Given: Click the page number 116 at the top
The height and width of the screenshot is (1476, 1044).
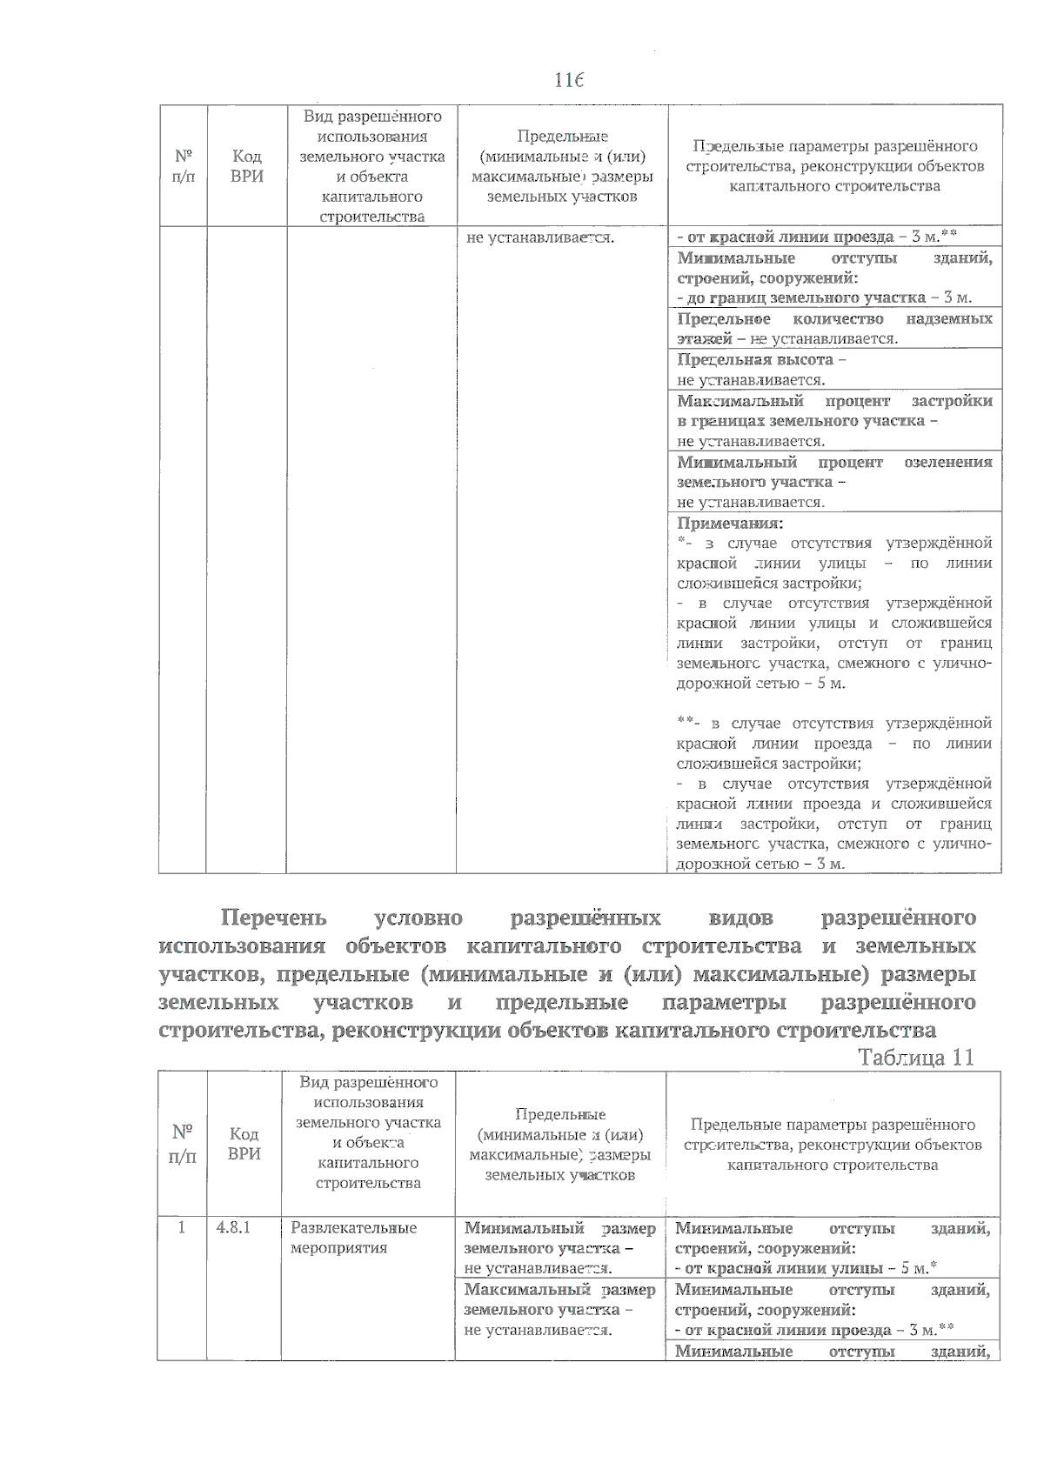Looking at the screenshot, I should (x=568, y=80).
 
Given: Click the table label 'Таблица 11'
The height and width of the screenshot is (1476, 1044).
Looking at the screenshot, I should (x=915, y=1057).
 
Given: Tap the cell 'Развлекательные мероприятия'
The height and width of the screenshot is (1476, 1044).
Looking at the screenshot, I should (x=353, y=1237).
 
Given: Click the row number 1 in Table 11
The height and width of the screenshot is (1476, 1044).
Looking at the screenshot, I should (x=182, y=1227).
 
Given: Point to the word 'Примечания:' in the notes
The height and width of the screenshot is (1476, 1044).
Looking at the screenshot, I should (x=730, y=523).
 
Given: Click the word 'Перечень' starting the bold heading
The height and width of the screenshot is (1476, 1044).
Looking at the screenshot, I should (x=273, y=918).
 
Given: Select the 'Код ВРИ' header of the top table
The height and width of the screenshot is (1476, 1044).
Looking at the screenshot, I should (x=247, y=165).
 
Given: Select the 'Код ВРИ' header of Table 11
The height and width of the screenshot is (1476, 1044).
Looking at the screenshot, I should (x=244, y=1143).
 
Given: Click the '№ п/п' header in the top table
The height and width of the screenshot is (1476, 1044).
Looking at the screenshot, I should (x=183, y=165).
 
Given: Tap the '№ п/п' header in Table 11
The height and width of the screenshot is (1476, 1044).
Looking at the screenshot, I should (x=182, y=1143).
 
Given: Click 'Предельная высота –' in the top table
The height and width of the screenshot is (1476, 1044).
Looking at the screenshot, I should (x=761, y=359).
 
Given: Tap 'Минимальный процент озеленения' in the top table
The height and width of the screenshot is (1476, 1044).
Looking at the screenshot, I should (x=833, y=462).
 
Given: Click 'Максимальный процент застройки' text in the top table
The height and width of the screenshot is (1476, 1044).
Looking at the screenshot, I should (x=833, y=401).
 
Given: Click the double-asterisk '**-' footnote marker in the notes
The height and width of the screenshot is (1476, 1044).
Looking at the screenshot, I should (x=689, y=723).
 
